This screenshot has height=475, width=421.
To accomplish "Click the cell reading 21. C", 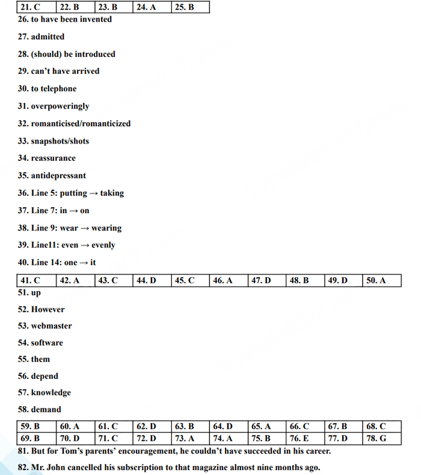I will tap(36, 8).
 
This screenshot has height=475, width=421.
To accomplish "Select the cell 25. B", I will tap(190, 8).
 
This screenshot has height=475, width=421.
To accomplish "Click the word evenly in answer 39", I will tap(104, 245).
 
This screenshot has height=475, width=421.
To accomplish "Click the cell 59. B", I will tap(36, 427).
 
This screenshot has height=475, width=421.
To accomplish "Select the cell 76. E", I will tap(305, 438).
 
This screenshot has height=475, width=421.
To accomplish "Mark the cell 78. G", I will tap(381, 438).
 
